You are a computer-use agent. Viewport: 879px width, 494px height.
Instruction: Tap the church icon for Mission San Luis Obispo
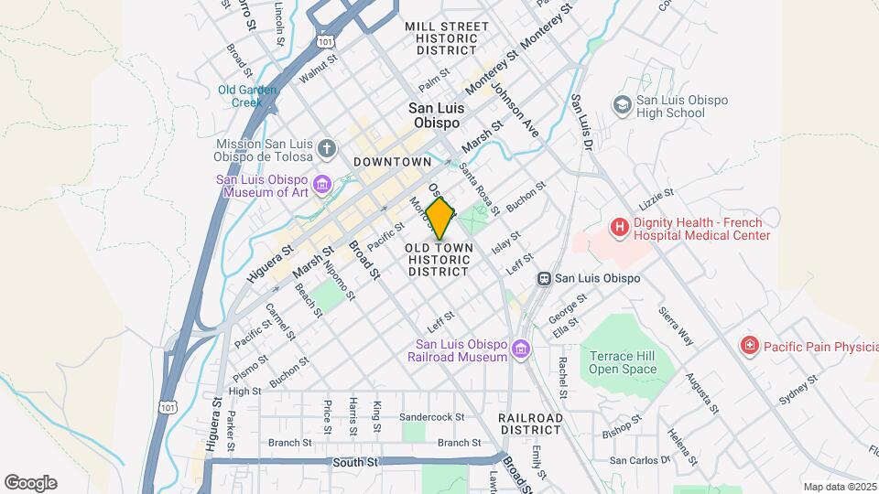tap(329, 147)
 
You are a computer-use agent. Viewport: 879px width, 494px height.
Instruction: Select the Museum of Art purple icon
tap(321, 186)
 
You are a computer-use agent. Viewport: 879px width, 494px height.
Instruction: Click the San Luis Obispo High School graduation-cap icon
tap(623, 106)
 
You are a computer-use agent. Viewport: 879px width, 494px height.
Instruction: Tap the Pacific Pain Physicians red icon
tap(749, 346)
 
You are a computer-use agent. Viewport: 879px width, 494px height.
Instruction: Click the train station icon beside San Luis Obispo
tap(544, 278)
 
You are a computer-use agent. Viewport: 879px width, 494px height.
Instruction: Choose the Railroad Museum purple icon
tap(521, 349)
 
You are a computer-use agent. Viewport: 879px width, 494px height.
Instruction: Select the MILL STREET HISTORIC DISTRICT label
tap(446, 38)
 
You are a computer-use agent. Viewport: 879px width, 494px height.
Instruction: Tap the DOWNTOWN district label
tap(392, 162)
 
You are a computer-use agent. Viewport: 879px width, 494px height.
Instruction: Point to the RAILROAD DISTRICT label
tap(530, 423)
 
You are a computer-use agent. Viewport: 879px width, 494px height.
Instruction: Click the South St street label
tap(355, 463)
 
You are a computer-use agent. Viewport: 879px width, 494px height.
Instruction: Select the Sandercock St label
tap(432, 416)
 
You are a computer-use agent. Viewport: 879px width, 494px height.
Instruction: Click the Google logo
tap(30, 483)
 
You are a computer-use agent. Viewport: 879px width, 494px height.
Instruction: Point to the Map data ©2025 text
tap(840, 487)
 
